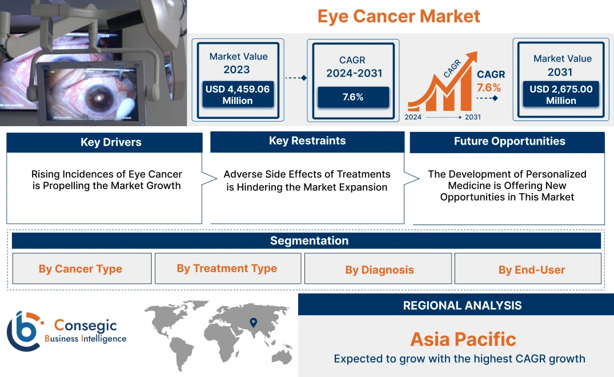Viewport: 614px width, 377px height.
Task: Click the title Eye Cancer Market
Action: click(399, 16)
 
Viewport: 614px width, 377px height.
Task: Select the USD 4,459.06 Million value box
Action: click(237, 94)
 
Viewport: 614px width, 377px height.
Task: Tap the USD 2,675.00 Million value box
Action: click(561, 94)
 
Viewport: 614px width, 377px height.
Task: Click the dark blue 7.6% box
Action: click(353, 97)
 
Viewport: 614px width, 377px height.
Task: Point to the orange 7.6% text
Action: click(489, 87)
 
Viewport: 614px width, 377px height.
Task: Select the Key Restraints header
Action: click(307, 141)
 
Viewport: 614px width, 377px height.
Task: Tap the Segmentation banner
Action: click(309, 240)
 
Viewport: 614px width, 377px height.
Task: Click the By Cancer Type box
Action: click(81, 268)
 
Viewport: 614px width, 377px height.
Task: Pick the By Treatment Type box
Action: click(227, 268)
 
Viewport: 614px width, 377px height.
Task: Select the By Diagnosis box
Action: click(379, 270)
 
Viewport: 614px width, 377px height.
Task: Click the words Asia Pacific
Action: click(463, 339)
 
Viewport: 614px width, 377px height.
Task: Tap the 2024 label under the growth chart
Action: click(414, 117)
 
